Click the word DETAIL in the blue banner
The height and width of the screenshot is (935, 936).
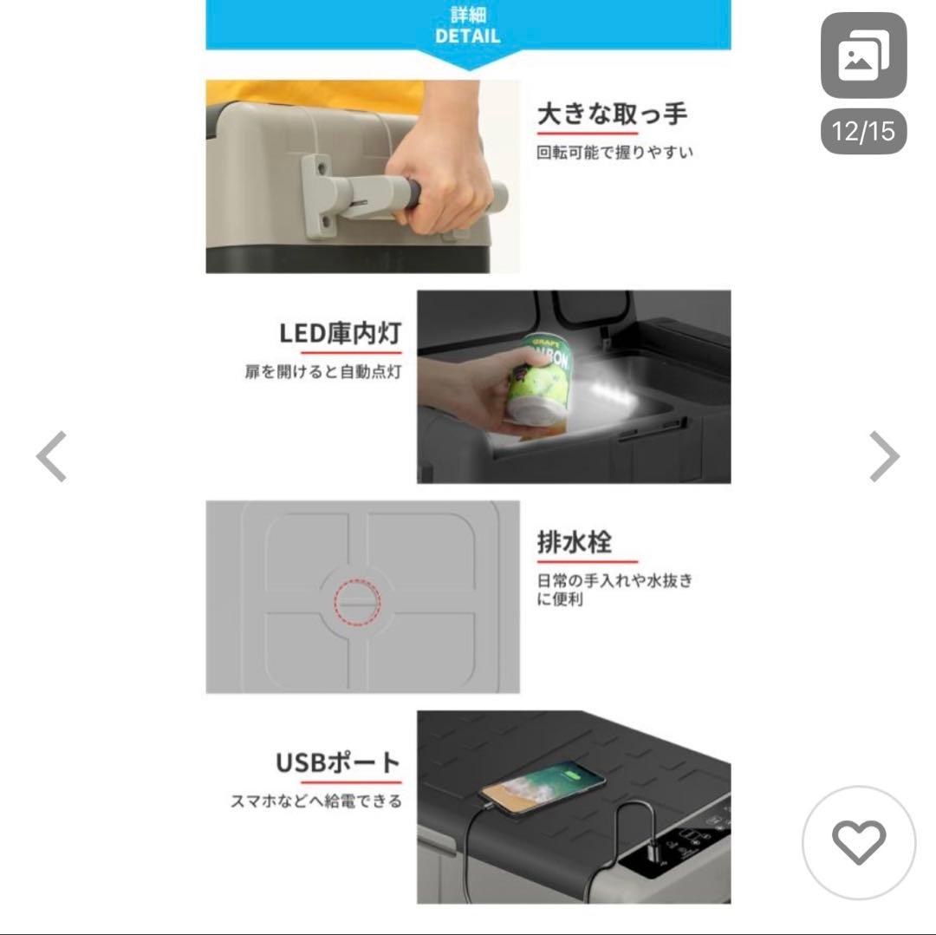(467, 36)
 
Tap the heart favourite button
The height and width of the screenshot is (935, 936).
(859, 842)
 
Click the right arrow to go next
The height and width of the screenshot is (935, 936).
(884, 456)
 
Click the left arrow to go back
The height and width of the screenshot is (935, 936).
(51, 456)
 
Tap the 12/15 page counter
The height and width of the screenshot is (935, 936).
(863, 132)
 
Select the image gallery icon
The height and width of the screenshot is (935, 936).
(863, 55)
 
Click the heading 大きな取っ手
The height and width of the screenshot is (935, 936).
(613, 114)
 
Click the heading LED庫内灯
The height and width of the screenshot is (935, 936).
(341, 333)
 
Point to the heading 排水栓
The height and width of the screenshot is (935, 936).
(575, 542)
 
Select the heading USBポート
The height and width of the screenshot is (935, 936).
(339, 762)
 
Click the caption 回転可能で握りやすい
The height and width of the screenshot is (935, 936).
(614, 153)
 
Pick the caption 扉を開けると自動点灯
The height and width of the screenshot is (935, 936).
(323, 371)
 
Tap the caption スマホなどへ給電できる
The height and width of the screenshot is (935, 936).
(316, 801)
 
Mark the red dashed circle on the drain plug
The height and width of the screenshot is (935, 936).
(358, 603)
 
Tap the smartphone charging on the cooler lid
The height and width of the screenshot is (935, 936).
(543, 786)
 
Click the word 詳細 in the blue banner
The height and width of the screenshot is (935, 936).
(468, 15)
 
